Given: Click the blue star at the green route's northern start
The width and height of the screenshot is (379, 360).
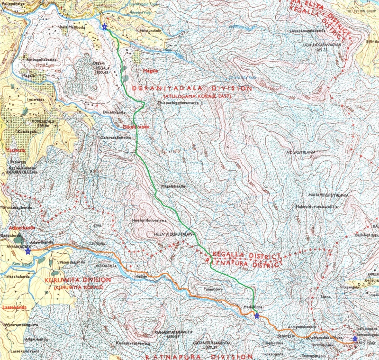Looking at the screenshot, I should (x=104, y=27).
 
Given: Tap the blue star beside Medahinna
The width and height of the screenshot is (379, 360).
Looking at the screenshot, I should (x=257, y=316).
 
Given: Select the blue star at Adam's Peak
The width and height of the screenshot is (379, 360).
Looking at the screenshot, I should (x=355, y=339).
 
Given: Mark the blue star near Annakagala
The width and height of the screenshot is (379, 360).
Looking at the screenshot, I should (x=28, y=251).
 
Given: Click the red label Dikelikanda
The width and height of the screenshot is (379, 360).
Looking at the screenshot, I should (x=136, y=127).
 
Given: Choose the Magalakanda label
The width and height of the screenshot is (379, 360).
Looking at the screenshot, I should (x=172, y=186).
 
